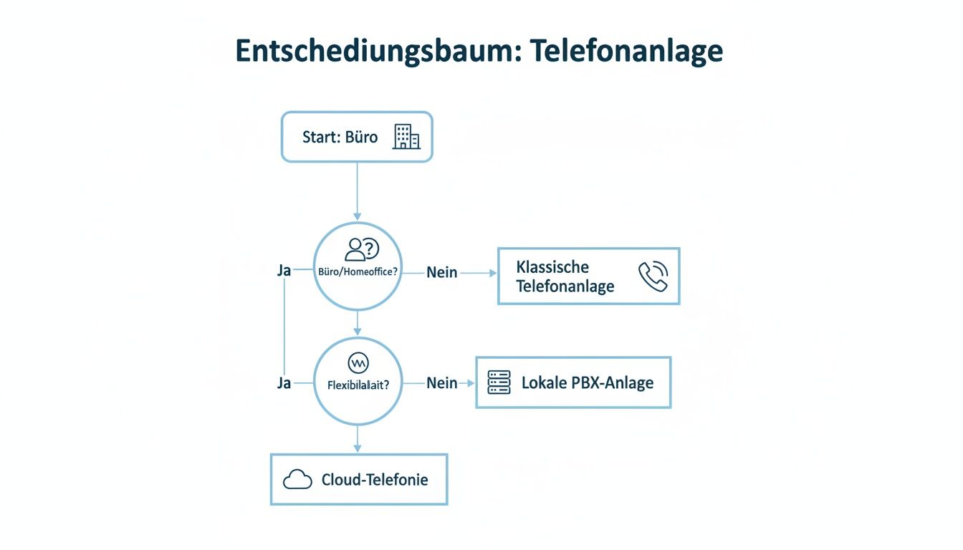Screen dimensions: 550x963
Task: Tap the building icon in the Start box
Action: [x=406, y=137]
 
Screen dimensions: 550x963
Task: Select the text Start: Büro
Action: [x=340, y=137]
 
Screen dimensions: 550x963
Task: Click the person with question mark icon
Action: [x=361, y=250]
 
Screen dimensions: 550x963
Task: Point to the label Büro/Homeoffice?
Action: [x=358, y=272]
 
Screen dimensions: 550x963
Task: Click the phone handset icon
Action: [x=652, y=276]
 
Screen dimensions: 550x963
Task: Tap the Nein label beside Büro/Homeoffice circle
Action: [x=442, y=273]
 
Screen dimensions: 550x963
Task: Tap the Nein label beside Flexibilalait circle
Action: [x=442, y=383]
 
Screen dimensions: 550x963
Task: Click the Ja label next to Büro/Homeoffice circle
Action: [x=284, y=271]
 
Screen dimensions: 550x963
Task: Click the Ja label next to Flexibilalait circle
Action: [x=284, y=383]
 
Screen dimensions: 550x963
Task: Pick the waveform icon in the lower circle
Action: [x=358, y=362]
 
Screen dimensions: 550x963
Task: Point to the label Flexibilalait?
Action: [x=358, y=385]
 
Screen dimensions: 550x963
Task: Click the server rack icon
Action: [x=499, y=382]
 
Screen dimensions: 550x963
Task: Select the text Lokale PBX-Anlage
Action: [x=587, y=382]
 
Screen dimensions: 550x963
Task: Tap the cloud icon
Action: [x=297, y=480]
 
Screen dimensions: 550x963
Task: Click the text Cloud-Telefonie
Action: [x=375, y=480]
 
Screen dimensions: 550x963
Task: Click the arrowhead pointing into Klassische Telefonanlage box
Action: [x=492, y=273]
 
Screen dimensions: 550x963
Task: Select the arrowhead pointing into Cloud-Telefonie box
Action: [x=358, y=448]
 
